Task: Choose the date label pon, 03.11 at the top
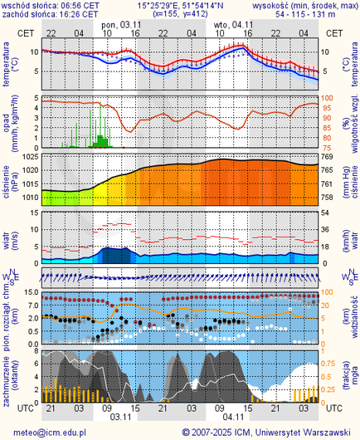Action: pyautogui.click(x=120, y=25)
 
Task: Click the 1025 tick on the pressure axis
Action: pyautogui.click(x=30, y=157)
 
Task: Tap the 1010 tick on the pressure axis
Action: pyautogui.click(x=30, y=198)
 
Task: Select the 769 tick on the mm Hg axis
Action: pyautogui.click(x=327, y=157)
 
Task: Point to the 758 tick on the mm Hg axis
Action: pyautogui.click(x=327, y=198)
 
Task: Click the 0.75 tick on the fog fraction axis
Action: pyautogui.click(x=330, y=363)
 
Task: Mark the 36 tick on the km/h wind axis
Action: pyautogui.click(x=326, y=230)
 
